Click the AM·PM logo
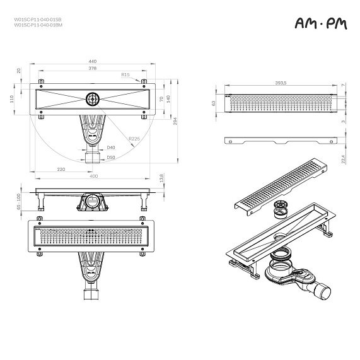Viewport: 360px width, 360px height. (x=320, y=23)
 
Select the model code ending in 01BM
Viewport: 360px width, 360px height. (x=38, y=25)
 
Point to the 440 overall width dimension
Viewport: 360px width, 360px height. (x=92, y=61)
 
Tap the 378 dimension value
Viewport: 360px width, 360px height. (x=92, y=67)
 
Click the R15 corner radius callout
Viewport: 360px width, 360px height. (x=125, y=74)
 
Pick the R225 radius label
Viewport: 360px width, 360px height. (x=134, y=139)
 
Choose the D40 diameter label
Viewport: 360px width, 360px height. (x=110, y=147)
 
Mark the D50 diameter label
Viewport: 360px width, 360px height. (x=110, y=157)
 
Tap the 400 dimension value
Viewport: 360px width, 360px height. (x=93, y=176)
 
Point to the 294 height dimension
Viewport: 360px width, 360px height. (x=176, y=121)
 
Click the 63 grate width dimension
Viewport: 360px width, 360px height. (x=214, y=102)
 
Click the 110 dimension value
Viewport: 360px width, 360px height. (x=11, y=98)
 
